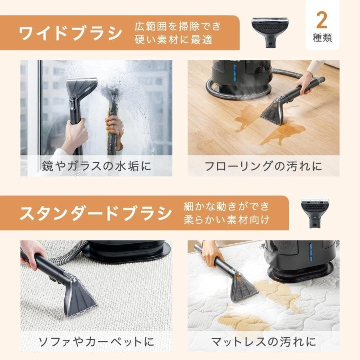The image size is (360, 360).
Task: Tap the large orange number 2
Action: point(322,20)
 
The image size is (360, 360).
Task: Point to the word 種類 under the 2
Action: point(322,39)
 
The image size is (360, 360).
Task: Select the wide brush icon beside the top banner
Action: point(270,32)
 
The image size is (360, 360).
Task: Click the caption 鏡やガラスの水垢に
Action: point(96,166)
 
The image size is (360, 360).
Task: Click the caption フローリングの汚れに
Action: point(263,166)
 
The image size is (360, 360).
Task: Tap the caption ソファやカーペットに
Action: point(96,341)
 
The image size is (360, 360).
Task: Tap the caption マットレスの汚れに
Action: point(263,341)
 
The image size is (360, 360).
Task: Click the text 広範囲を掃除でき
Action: point(178,26)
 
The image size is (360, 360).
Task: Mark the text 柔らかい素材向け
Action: point(227,220)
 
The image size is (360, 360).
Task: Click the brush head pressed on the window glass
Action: point(82,88)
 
